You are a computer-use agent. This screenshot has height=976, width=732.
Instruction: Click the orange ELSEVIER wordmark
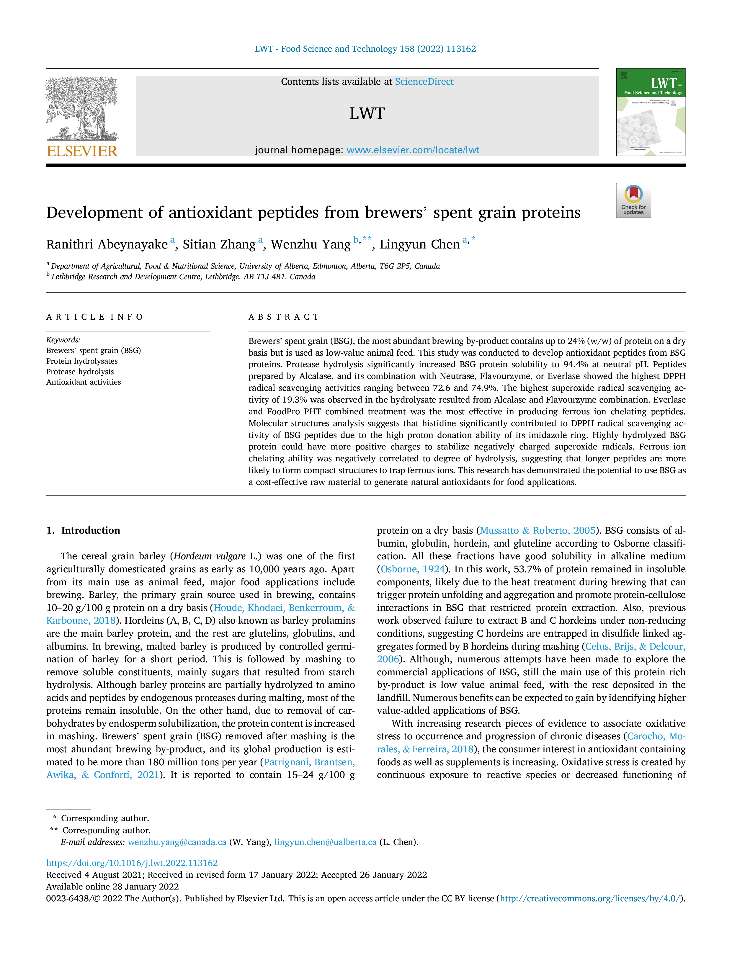point(82,151)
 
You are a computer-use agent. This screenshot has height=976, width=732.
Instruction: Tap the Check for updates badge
point(633,200)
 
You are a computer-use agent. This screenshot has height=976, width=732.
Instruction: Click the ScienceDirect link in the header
point(424,82)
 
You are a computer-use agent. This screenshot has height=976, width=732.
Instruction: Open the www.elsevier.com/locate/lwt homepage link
point(413,150)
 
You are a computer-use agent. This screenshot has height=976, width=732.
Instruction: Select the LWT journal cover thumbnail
point(651,112)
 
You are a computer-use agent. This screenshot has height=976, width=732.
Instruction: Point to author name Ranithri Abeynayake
point(107,244)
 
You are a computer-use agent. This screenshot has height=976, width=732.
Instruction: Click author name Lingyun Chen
point(420,244)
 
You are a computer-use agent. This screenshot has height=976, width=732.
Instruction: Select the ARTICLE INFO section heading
point(94,317)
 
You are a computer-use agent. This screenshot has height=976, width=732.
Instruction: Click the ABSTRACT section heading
point(284,317)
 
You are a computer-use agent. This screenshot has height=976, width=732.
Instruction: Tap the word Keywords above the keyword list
point(63,340)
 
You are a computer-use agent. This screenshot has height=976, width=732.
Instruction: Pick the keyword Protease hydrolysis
point(80,372)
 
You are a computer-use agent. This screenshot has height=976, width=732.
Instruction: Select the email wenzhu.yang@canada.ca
point(177,842)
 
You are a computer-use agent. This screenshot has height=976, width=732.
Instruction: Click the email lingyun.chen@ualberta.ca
point(325,842)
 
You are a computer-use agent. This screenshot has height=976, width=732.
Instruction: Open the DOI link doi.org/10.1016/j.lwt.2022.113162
point(132,863)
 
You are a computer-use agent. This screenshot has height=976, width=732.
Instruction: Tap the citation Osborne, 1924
point(413,569)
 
